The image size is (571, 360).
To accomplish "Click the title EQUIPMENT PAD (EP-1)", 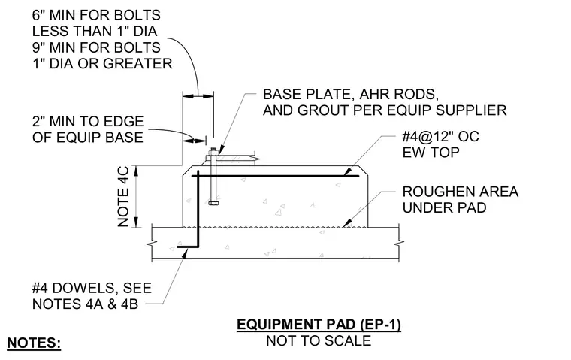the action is coord(319,324).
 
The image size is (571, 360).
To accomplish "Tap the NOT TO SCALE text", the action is coord(319,341).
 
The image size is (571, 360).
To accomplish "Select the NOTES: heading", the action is coord(34,343).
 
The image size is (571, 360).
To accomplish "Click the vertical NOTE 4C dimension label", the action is coord(123,196).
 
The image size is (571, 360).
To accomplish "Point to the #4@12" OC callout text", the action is coord(440,136).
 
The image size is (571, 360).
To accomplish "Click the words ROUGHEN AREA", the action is coord(461,192).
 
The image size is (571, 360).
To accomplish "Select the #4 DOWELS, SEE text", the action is coord(92,288).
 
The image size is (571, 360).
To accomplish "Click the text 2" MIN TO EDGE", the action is coord(88,121).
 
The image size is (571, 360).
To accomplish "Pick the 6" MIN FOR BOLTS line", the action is coord(96,15).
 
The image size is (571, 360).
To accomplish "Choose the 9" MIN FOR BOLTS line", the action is coord(96,47).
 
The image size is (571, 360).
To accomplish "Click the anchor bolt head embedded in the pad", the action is coord(213,203).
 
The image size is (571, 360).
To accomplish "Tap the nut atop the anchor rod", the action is coord(213,150).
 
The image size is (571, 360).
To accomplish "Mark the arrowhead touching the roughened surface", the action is coord(346,222).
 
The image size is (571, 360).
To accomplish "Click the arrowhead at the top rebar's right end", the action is coord(348,171).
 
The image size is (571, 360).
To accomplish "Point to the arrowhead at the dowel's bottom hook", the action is coord(185,253).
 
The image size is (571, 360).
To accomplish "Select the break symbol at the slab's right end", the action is coord(400,242).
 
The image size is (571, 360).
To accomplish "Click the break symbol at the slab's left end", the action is coord(152,243).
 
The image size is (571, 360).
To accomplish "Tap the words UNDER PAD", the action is coord(444,207).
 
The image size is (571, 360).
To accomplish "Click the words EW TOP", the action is coord(431,153).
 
